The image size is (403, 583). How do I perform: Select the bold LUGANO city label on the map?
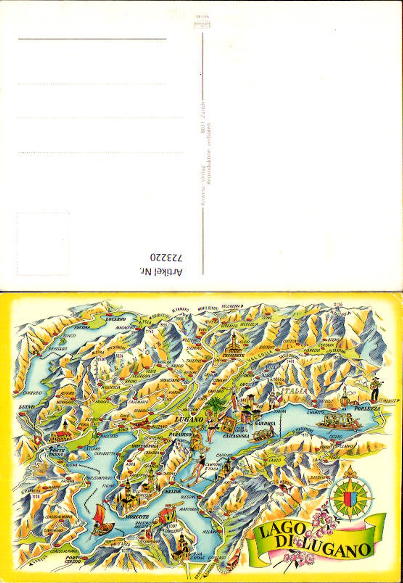[x=189, y=419]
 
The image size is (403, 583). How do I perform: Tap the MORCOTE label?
[x=137, y=516]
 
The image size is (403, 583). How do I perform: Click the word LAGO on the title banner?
[x=277, y=532]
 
